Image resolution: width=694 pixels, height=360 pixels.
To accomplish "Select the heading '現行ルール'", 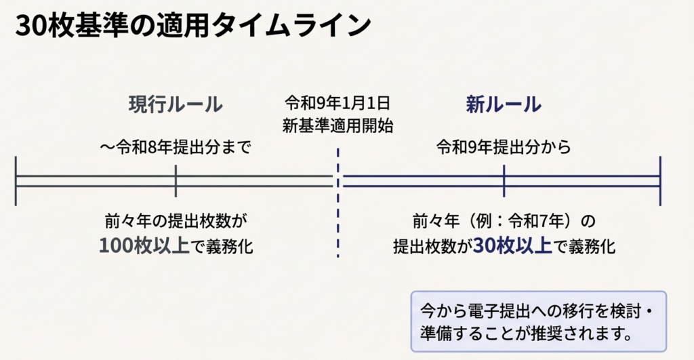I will [x=176, y=104].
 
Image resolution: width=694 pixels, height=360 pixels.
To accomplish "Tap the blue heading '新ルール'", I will [x=503, y=104].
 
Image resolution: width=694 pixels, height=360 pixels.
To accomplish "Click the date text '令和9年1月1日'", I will [x=338, y=104].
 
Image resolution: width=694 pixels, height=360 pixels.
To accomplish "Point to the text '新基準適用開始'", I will [x=338, y=125].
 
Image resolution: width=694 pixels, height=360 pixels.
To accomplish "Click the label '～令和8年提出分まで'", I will [x=175, y=147].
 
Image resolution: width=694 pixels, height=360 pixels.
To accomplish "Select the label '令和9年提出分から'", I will [x=503, y=147].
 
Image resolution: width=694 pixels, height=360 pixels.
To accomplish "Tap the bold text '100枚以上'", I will [x=144, y=245].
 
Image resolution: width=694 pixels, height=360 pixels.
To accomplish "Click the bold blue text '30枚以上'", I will [x=512, y=245].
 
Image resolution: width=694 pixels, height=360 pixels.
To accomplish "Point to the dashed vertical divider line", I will [x=338, y=203].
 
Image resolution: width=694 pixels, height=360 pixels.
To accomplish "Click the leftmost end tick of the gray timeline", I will [x=15, y=180].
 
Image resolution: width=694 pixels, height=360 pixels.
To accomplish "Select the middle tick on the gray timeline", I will [x=176, y=180].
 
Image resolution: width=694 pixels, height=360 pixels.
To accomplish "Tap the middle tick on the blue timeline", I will [x=504, y=180].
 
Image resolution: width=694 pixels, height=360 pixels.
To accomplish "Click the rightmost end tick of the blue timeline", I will [x=660, y=180].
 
